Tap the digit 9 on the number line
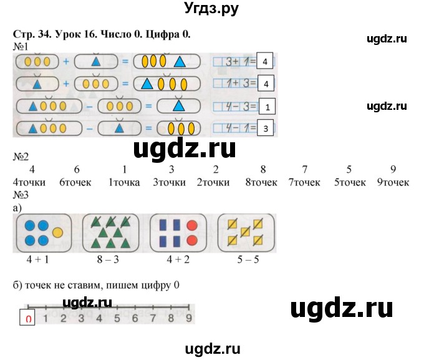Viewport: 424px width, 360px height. click(188, 318)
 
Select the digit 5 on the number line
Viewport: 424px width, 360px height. click(117, 318)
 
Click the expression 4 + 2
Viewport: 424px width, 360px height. click(180, 258)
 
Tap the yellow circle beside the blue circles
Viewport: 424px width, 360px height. click(58, 232)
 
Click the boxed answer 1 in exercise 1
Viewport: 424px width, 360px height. click(267, 107)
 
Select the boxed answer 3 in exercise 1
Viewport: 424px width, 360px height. click(267, 129)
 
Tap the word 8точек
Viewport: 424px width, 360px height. click(263, 182)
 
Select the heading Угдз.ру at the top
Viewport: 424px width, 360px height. click(212, 9)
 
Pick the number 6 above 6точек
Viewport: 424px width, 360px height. click(76, 170)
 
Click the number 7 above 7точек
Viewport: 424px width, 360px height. click(304, 170)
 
